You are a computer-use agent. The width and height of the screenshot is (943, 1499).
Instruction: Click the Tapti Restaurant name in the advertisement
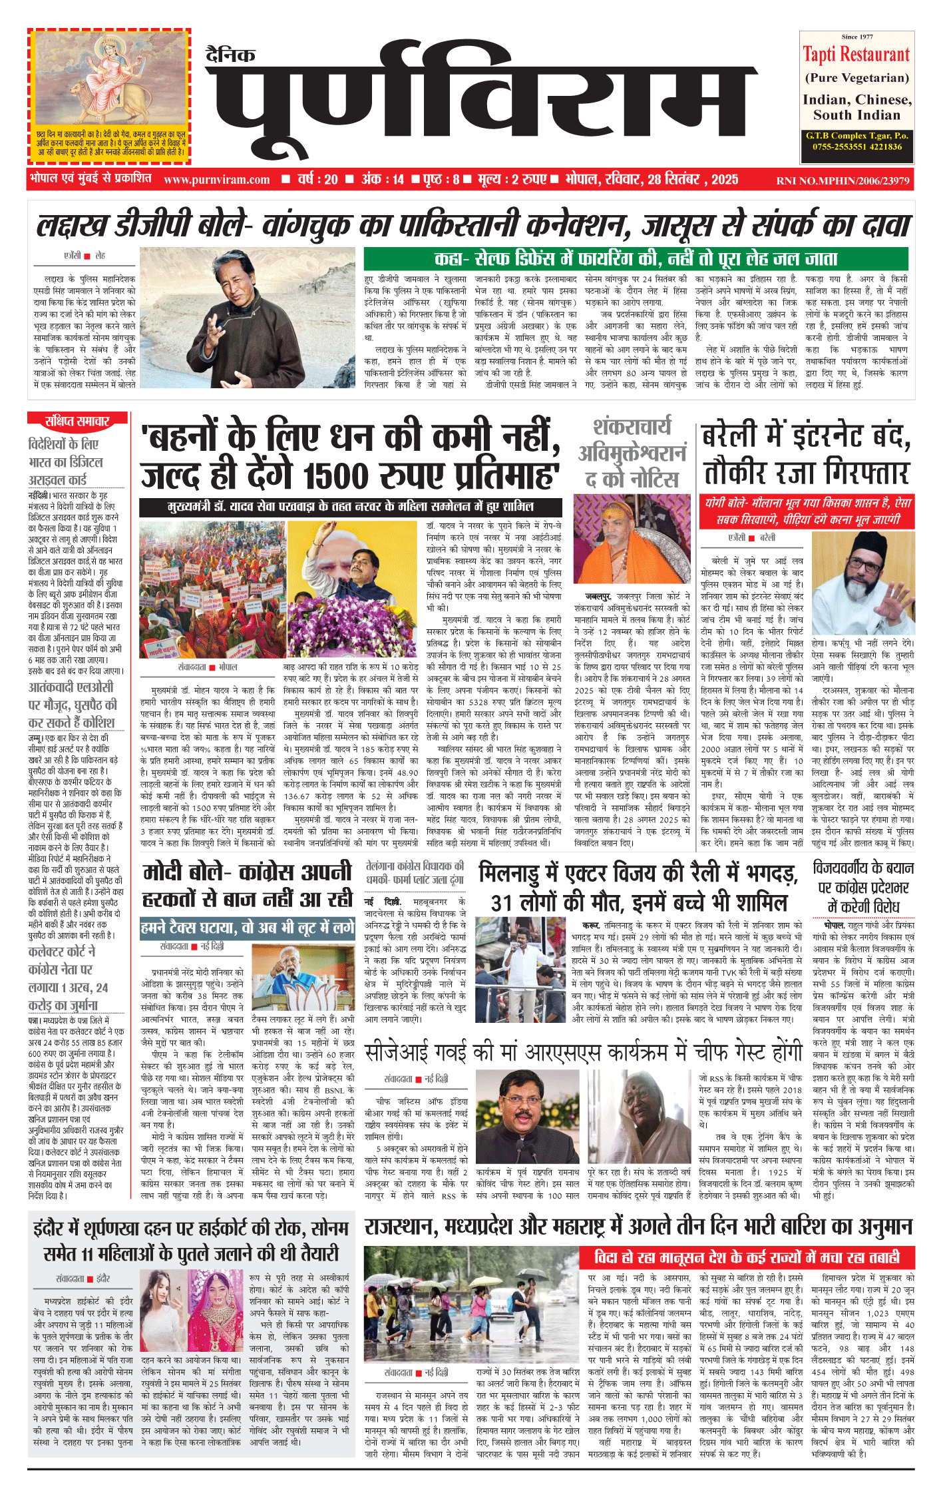(x=856, y=55)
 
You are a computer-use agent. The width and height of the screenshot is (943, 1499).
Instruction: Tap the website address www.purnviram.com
(x=216, y=180)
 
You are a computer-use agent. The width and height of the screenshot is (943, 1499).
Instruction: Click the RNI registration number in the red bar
(x=843, y=180)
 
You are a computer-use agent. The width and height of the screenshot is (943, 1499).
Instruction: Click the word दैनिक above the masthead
(x=230, y=55)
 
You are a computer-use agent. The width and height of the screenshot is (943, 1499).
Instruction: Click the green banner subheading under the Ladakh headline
(x=636, y=259)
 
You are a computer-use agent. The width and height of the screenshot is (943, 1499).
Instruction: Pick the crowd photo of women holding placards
(x=212, y=589)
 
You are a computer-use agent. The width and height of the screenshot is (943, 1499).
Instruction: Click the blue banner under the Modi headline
(x=247, y=928)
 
